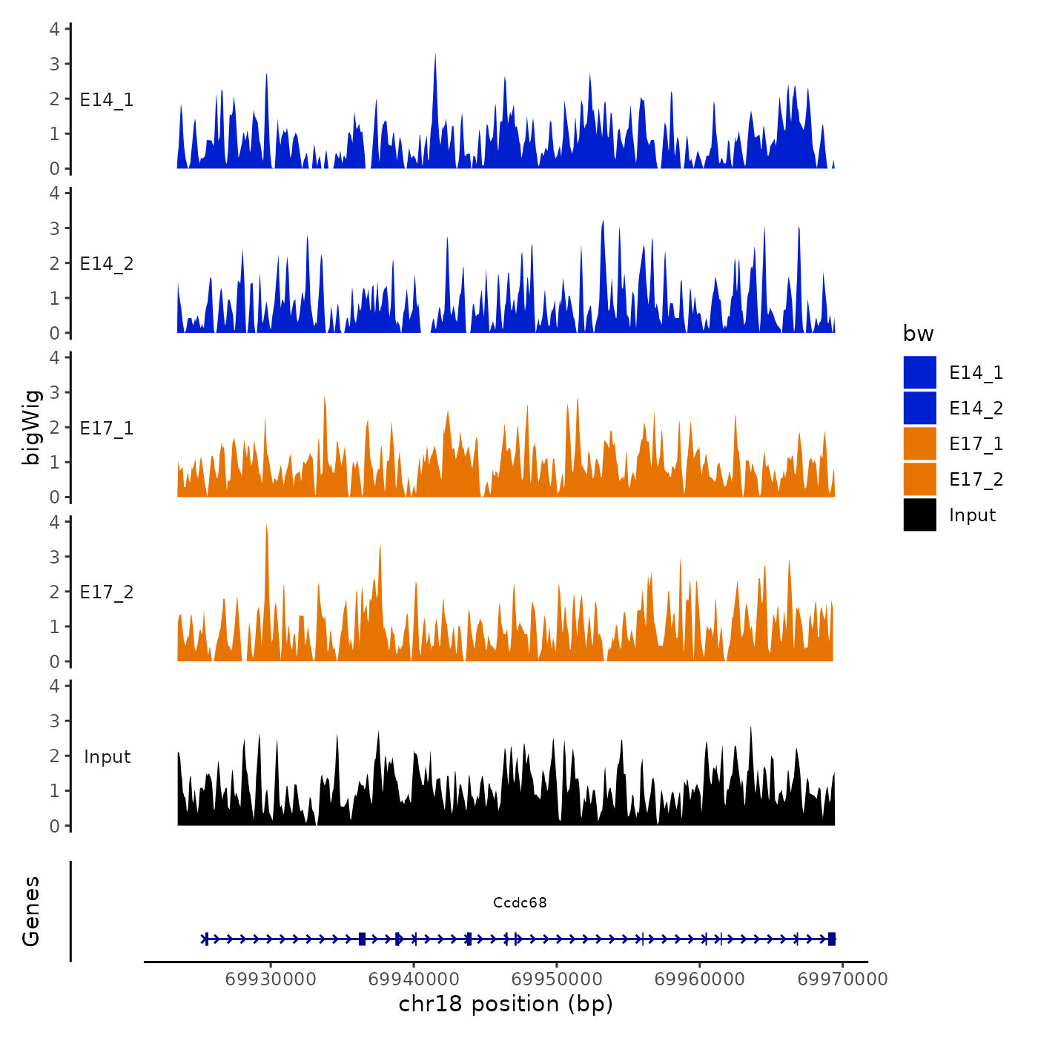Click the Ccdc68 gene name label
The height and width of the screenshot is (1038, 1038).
coord(520,902)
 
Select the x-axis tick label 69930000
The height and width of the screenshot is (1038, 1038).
coord(271,979)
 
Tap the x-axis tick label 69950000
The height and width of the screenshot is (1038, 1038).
coord(557,979)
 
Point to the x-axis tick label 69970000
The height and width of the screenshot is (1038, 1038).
coord(842,979)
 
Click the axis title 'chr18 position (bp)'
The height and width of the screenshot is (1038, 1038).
coord(506,1004)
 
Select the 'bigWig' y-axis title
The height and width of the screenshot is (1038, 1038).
coord(31,427)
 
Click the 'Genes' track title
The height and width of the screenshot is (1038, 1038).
coord(31,911)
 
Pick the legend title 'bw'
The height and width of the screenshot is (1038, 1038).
coord(918,334)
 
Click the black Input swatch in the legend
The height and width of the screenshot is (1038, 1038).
coord(919,515)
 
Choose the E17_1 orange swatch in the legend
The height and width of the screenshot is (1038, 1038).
coord(919,443)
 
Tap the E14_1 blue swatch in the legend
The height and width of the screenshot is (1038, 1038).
coord(919,372)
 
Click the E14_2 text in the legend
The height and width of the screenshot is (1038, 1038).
coord(976,409)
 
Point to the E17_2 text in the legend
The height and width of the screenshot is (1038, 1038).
coord(976,480)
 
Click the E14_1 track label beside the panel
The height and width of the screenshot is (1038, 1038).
coord(107,100)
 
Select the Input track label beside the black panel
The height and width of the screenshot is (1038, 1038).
coord(107,757)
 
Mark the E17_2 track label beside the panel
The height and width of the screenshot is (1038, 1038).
coord(107,592)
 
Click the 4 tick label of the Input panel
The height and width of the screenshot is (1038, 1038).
coord(54,686)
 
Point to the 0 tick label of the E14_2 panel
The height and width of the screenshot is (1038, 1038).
coord(54,333)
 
